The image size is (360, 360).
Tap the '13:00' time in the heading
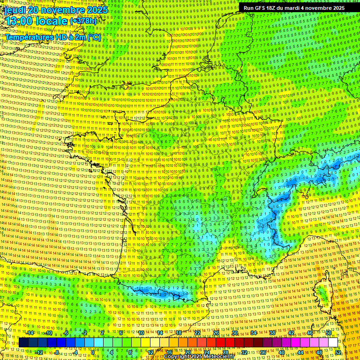pos(21,21)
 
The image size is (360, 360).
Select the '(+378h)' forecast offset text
pos(83,21)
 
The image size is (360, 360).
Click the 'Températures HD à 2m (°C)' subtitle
pos(53,37)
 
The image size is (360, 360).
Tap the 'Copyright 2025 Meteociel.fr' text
pos(198,357)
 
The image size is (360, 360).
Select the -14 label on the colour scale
pos(30,333)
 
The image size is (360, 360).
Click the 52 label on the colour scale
pos(338,352)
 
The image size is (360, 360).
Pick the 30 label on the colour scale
pos(234,333)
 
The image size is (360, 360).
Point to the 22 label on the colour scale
pos(197,333)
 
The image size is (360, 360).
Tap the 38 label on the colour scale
pos(272,333)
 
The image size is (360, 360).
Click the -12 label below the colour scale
pos(39,352)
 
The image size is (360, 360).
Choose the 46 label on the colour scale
pos(309,333)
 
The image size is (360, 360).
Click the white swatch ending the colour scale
pos(333,342)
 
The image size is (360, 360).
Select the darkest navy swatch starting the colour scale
pos(23,342)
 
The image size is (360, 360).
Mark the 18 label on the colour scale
pos(179,333)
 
